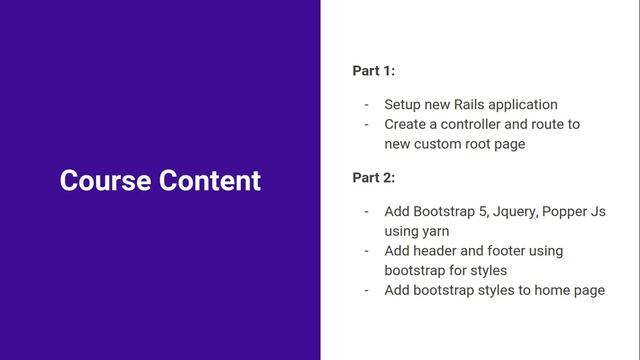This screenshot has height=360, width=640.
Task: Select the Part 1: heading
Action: point(374,71)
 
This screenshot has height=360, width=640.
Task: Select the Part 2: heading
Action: point(374,178)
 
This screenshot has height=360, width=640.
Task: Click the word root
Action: point(490,144)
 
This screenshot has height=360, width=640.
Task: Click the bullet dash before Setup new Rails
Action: point(366,104)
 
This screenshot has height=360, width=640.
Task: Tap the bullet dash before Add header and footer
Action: point(366,250)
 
